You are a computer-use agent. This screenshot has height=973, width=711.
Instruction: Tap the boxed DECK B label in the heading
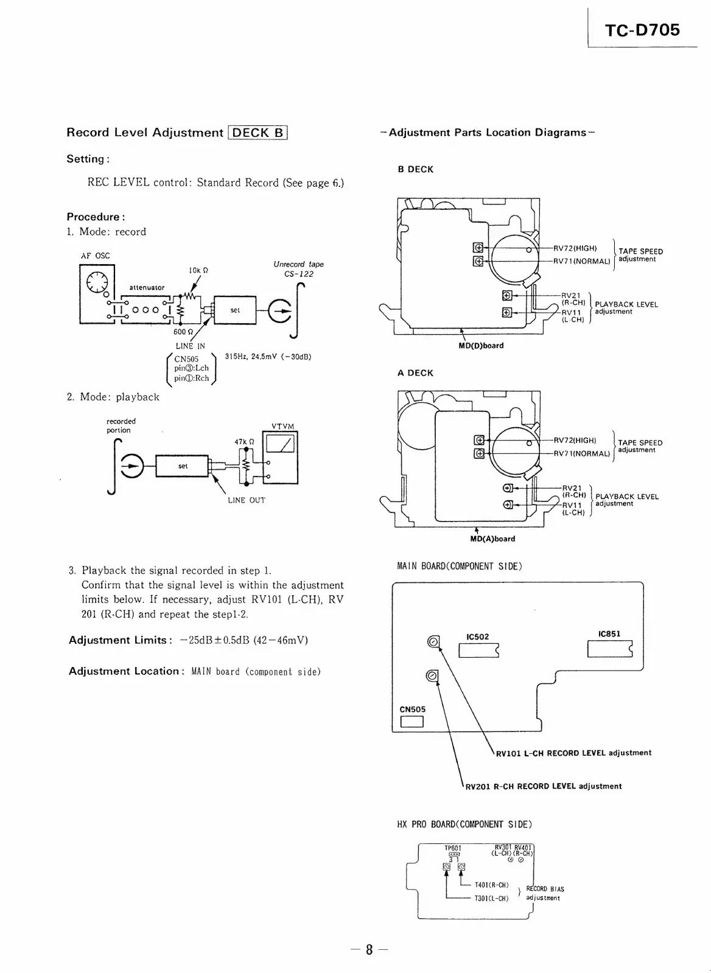click(x=257, y=132)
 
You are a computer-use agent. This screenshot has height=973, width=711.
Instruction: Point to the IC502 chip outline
click(x=478, y=650)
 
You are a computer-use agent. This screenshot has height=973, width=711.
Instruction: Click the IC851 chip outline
click(x=610, y=649)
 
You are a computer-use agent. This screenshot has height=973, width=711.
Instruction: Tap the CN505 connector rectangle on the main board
click(x=412, y=722)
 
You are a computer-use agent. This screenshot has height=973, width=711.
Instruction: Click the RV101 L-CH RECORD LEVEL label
click(x=573, y=753)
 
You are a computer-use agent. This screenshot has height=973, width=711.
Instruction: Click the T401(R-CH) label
click(x=491, y=885)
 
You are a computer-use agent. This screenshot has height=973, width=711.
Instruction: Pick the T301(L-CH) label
click(x=491, y=898)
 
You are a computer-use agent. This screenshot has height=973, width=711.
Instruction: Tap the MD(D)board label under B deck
click(x=481, y=346)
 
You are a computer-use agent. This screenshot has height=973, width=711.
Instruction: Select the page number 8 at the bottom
click(x=369, y=950)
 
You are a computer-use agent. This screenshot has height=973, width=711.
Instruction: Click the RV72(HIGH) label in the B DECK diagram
click(x=575, y=248)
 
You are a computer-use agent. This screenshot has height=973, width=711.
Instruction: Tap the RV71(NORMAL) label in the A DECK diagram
click(x=581, y=453)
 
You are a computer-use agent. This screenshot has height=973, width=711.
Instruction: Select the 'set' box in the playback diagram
click(x=183, y=467)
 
